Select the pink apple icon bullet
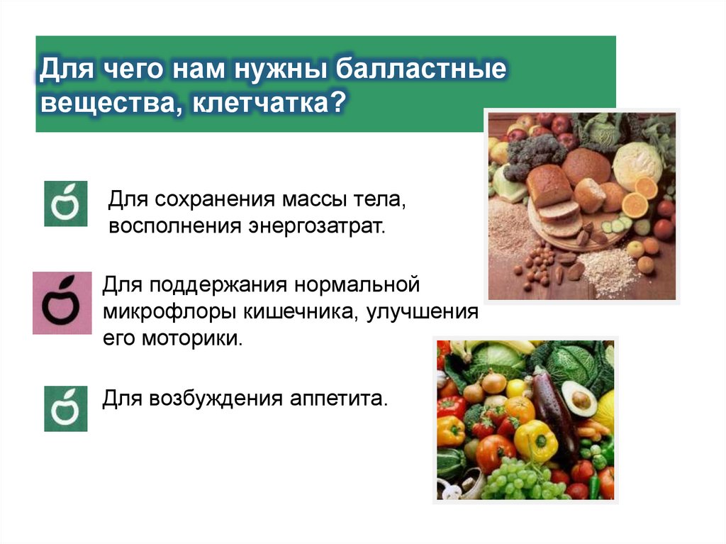pyautogui.click(x=62, y=303)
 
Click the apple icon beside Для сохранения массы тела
pyautogui.click(x=65, y=204)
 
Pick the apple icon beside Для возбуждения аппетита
pyautogui.click(x=65, y=409)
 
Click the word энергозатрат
pyautogui.click(x=316, y=228)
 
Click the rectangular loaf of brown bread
pyautogui.click(x=549, y=186)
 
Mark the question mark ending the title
pyautogui.click(x=338, y=104)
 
